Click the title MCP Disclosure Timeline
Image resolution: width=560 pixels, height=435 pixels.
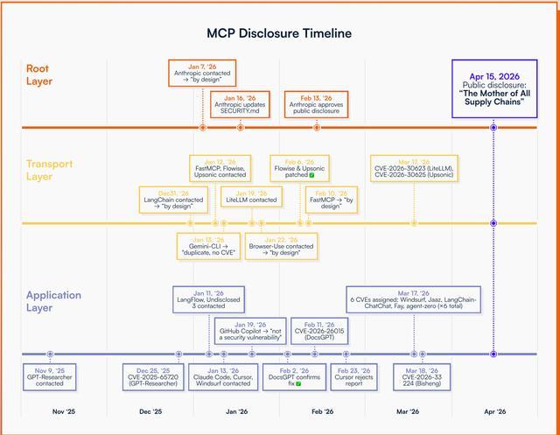pos(279,33)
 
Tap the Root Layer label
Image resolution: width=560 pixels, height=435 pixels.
pos(38,74)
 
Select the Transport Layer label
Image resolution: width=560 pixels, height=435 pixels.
pos(49,170)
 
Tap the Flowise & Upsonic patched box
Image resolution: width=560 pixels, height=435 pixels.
pos(299,168)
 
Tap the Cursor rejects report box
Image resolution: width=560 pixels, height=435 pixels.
pos(353,377)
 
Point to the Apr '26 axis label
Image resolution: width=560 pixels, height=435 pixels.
pos(494,411)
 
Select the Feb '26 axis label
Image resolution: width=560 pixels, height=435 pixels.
pos(322,411)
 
